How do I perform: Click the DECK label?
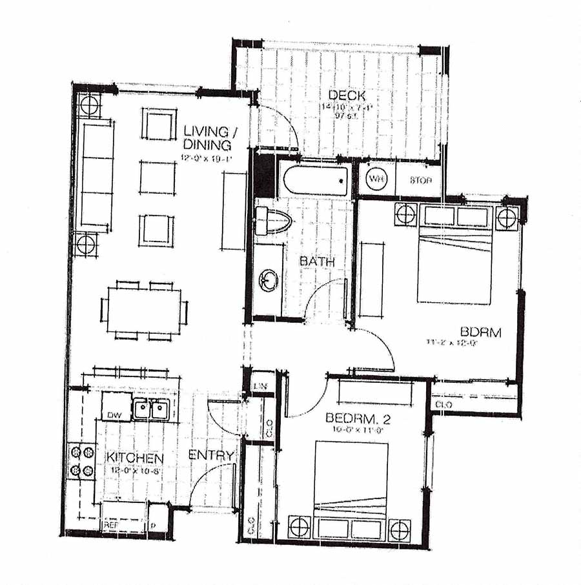point(342,96)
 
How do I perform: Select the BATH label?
point(316,262)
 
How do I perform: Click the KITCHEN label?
point(135,458)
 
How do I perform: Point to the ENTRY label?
point(210,455)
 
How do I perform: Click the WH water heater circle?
point(376,179)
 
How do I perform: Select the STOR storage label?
point(420,180)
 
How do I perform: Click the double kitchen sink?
point(150,408)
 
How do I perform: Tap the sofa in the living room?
point(95,174)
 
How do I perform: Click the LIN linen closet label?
point(261,386)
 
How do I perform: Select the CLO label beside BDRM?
point(444,404)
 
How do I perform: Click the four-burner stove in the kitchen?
point(82,460)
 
